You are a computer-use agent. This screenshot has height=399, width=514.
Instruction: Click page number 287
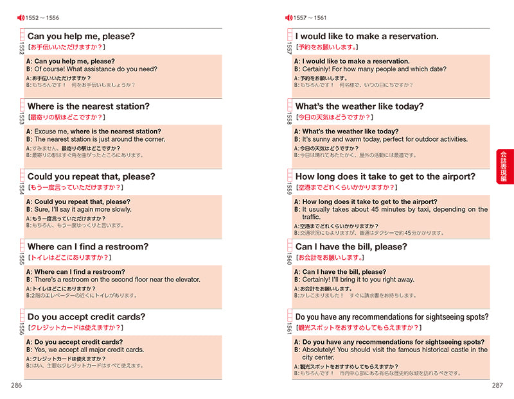tap(497, 385)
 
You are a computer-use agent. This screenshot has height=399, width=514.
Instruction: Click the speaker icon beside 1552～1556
tap(20, 17)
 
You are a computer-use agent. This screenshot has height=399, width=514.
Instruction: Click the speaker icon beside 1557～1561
tap(288, 17)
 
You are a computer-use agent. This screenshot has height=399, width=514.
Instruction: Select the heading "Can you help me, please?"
tap(81, 37)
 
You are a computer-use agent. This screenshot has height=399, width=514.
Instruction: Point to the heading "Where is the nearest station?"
tap(88, 106)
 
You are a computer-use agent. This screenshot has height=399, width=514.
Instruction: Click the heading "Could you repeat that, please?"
tap(91, 176)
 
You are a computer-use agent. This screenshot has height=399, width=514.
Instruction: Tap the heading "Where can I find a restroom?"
tap(88, 247)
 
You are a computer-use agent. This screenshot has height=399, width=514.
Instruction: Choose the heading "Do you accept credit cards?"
tap(87, 317)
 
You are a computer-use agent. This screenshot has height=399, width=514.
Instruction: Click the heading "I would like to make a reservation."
tap(367, 37)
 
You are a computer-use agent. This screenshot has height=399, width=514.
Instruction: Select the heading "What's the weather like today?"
tap(359, 106)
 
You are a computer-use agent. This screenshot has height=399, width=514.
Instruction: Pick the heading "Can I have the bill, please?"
tap(351, 247)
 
